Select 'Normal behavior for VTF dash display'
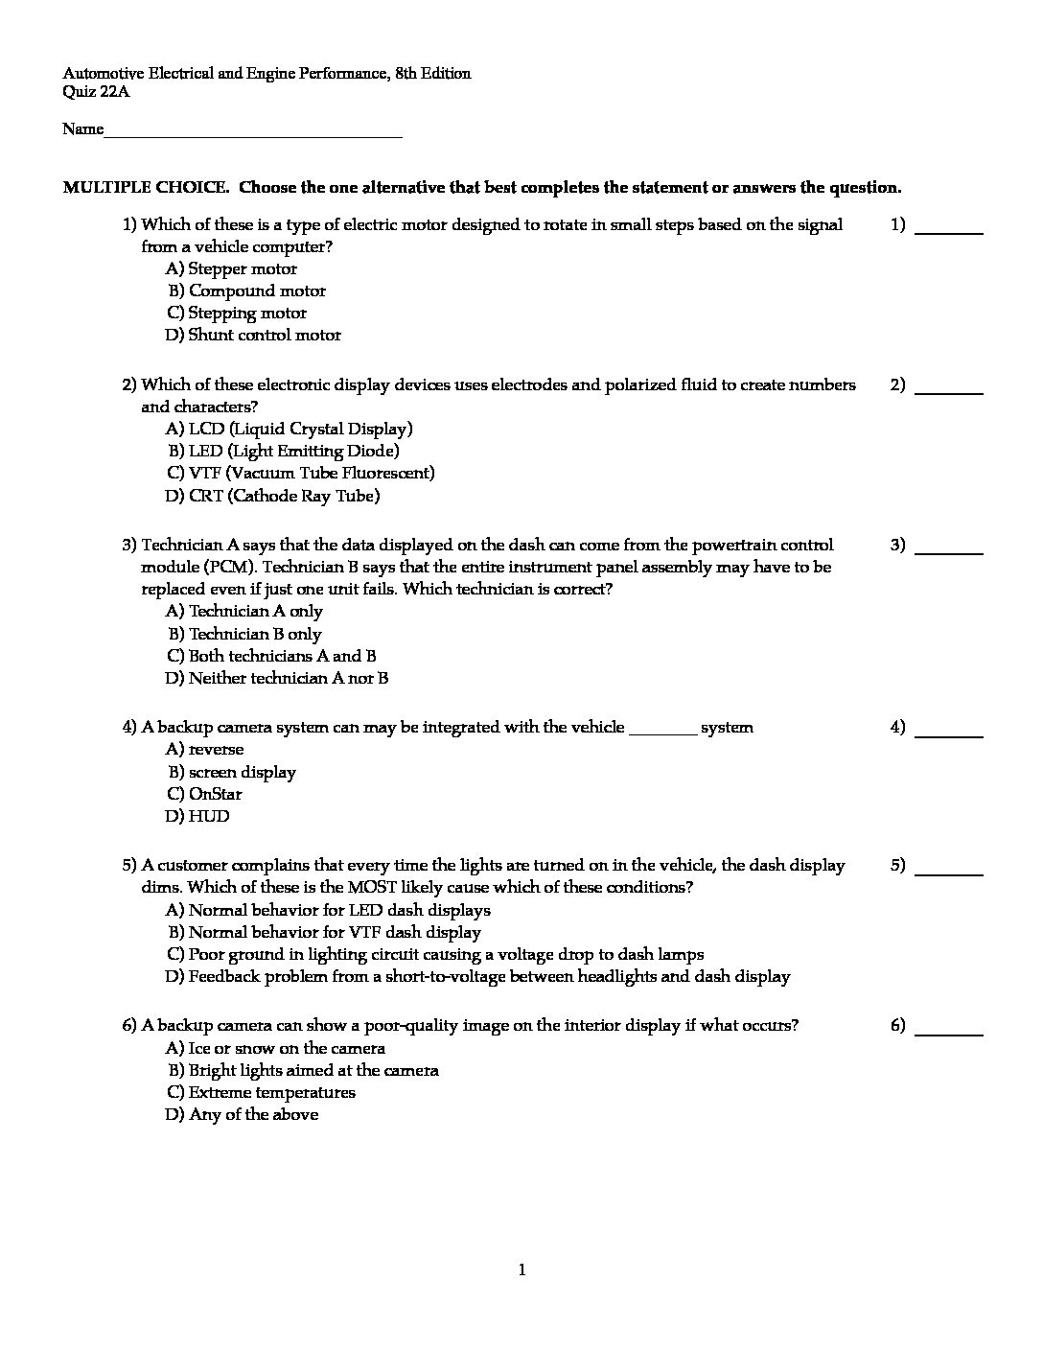(324, 933)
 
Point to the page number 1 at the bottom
(521, 1271)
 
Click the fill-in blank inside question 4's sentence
(662, 730)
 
